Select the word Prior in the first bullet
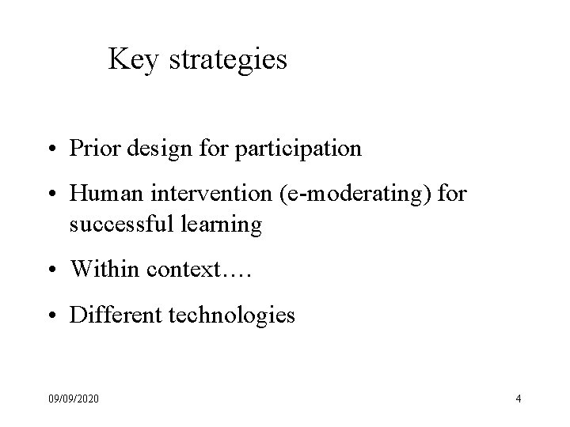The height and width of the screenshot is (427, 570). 90,148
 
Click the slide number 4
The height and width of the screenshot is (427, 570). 518,399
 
